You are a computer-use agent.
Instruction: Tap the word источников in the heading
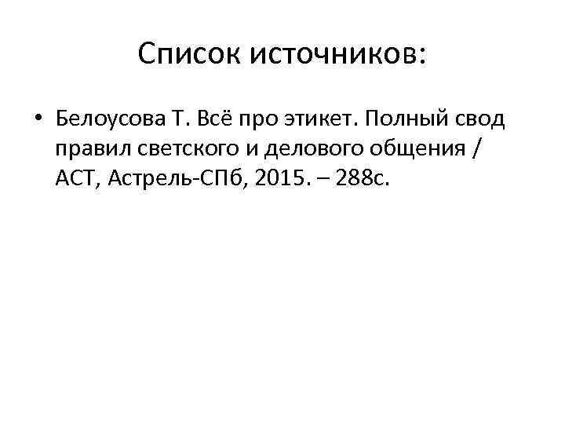333,54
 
